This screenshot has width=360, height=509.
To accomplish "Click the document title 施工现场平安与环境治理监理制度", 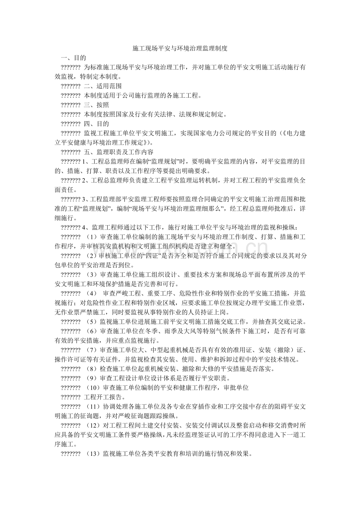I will click(180, 49).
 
